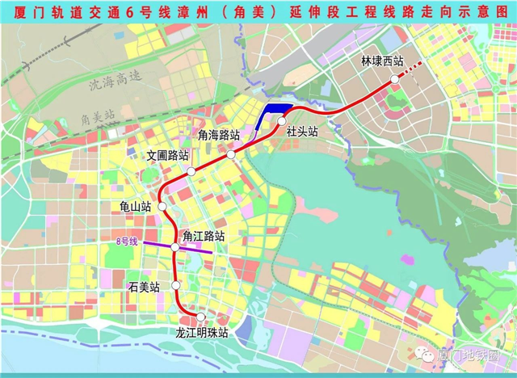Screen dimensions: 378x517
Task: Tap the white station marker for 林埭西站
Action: [x=394, y=78]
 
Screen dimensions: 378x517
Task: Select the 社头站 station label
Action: [x=302, y=131]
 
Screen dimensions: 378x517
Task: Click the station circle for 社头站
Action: [x=282, y=121]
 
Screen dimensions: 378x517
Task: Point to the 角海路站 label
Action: [x=219, y=134]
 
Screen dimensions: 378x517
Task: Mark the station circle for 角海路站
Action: [x=231, y=154]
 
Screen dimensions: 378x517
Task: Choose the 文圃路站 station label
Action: [x=168, y=155]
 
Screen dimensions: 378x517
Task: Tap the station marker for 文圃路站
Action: [x=191, y=171]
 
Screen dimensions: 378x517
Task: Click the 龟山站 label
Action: [x=135, y=207]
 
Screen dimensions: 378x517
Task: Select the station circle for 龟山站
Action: [x=163, y=207]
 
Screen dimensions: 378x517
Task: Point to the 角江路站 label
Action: [x=203, y=236]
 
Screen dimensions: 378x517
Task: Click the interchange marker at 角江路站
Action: [x=174, y=246]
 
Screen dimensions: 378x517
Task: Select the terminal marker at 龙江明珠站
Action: [x=201, y=317]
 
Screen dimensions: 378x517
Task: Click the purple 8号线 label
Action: [x=127, y=241]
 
